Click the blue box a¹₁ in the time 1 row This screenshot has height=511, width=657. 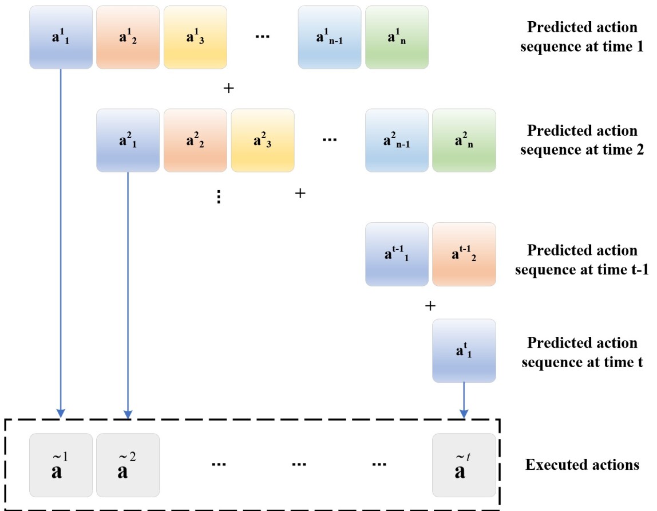pyautogui.click(x=61, y=37)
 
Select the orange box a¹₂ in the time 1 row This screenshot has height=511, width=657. pyautogui.click(x=128, y=37)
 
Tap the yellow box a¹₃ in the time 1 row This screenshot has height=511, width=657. pyautogui.click(x=195, y=37)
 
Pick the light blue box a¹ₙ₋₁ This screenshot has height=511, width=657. pyautogui.click(x=329, y=37)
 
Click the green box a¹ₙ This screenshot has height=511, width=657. pyautogui.click(x=397, y=37)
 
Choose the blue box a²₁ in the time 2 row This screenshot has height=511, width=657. pyautogui.click(x=128, y=140)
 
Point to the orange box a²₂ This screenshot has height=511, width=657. pyautogui.click(x=195, y=140)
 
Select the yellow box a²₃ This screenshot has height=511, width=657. pyautogui.click(x=262, y=140)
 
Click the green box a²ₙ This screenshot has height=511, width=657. pyautogui.click(x=464, y=140)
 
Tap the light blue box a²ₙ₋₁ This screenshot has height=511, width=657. pyautogui.click(x=397, y=140)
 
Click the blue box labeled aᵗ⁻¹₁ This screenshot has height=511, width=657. pyautogui.click(x=397, y=254)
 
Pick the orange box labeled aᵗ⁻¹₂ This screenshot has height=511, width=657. pyautogui.click(x=464, y=254)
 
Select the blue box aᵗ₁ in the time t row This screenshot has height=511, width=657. pyautogui.click(x=464, y=351)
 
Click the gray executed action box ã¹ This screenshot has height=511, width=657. pyautogui.click(x=61, y=465)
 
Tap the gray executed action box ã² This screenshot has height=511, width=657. pyautogui.click(x=128, y=465)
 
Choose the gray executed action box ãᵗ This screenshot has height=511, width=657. pyautogui.click(x=464, y=465)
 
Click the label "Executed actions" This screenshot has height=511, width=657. pyautogui.click(x=582, y=465)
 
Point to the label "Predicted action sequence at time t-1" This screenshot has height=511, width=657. pyautogui.click(x=581, y=260)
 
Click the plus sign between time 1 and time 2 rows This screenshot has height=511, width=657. pyautogui.click(x=228, y=89)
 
